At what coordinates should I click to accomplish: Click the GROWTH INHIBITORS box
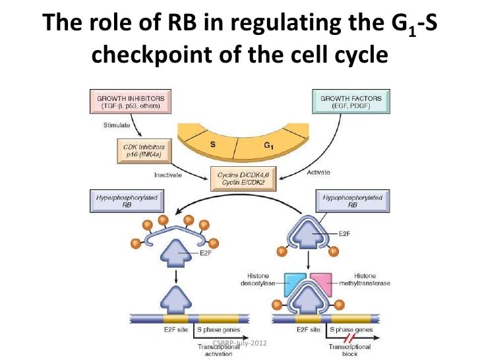coord(129,102)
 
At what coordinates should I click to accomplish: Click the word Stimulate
coord(117,123)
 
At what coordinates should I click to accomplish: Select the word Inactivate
coord(168,175)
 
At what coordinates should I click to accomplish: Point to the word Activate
coord(318,173)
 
